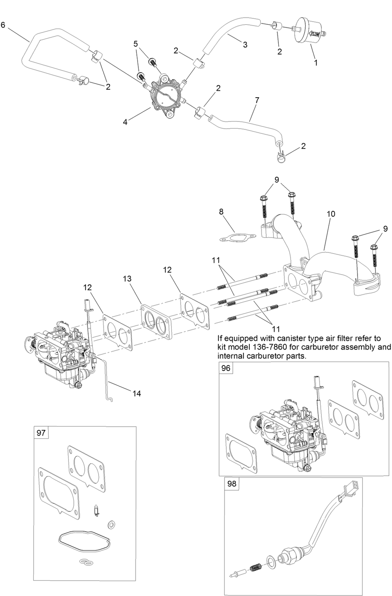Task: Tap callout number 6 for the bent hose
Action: click(3, 25)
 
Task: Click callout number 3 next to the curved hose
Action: click(245, 45)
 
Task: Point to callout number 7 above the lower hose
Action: click(257, 100)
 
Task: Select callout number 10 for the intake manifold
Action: click(331, 214)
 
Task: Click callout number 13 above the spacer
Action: click(127, 279)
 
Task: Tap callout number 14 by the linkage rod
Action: click(136, 393)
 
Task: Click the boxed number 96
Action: click(226, 368)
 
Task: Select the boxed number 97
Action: click(41, 433)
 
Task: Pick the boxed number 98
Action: click(232, 483)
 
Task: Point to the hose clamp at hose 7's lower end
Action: click(281, 156)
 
